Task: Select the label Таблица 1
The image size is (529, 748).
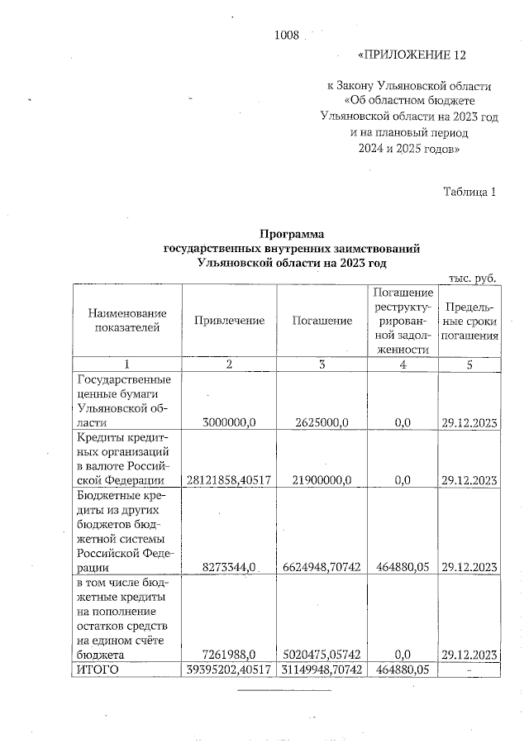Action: [469, 193]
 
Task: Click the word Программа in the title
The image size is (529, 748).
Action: [292, 234]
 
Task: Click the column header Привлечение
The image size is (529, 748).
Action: [229, 320]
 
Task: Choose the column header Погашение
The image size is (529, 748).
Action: [322, 320]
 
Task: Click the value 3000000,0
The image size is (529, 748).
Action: [230, 422]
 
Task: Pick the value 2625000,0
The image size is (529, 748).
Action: [322, 422]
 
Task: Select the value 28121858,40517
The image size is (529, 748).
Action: [229, 480]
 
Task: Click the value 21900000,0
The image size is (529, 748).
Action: [322, 480]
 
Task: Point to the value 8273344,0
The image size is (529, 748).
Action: [231, 567]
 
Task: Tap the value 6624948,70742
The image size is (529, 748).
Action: [322, 567]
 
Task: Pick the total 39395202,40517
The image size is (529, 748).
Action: [229, 669]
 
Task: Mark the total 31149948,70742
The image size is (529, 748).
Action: [322, 669]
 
